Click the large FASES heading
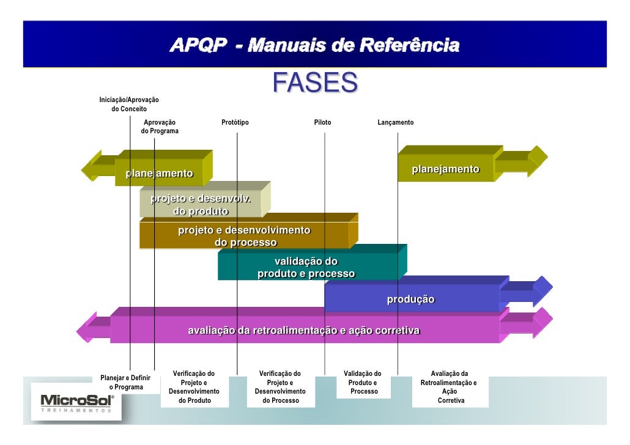[x=314, y=83]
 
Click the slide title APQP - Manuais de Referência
[x=314, y=45]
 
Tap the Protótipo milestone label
[x=235, y=122]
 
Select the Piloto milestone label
[x=322, y=122]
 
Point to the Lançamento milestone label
[x=395, y=122]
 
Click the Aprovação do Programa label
[x=160, y=127]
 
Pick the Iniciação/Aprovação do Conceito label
[x=129, y=104]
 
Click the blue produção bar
[x=411, y=300]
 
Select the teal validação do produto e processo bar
[x=306, y=268]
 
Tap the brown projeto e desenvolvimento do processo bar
[x=245, y=236]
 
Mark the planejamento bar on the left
[x=159, y=173]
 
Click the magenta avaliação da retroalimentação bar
[x=304, y=331]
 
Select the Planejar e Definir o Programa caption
[x=125, y=383]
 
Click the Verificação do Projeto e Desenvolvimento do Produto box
[x=195, y=387]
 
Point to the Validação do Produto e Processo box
[x=363, y=383]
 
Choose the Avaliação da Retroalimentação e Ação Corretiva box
[x=450, y=387]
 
